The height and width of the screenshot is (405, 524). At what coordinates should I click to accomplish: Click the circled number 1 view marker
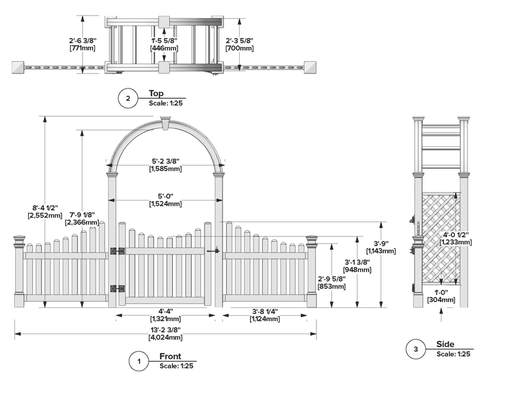click(138, 361)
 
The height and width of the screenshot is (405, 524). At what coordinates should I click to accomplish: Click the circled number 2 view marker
click(128, 99)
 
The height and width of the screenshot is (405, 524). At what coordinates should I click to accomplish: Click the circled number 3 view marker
click(415, 349)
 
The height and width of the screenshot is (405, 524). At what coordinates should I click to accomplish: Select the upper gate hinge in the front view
click(117, 251)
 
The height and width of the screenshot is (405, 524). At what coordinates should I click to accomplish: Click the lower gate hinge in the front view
click(117, 288)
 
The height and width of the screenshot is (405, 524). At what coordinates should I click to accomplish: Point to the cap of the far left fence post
click(20, 241)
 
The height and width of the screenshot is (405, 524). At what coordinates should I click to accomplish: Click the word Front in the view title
click(170, 357)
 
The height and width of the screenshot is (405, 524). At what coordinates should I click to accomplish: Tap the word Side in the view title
click(445, 345)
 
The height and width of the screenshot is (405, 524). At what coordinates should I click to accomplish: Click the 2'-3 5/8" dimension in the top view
click(239, 44)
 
